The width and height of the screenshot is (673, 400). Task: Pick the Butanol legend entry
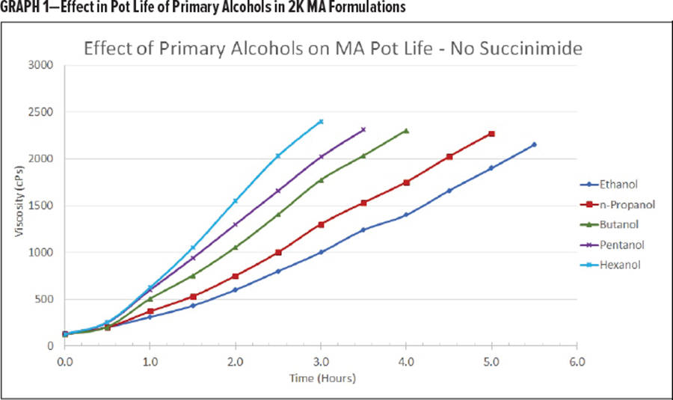[616, 224]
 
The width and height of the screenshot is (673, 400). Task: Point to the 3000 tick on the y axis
[41, 65]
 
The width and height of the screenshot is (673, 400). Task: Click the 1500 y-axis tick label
[41, 206]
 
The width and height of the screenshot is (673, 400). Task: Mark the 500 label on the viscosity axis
[45, 299]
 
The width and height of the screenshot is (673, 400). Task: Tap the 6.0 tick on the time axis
[577, 361]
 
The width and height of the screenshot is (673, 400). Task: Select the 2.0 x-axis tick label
[236, 361]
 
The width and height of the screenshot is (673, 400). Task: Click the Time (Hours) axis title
[322, 378]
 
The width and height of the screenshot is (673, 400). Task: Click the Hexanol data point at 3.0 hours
[321, 121]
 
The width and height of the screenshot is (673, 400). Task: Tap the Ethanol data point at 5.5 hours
[534, 144]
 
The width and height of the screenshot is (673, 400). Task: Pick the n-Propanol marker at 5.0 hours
[491, 134]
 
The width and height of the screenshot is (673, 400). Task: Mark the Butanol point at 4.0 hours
[406, 131]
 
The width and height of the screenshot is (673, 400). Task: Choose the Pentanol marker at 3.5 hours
[363, 129]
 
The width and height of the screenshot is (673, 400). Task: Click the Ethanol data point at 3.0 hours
[321, 252]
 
